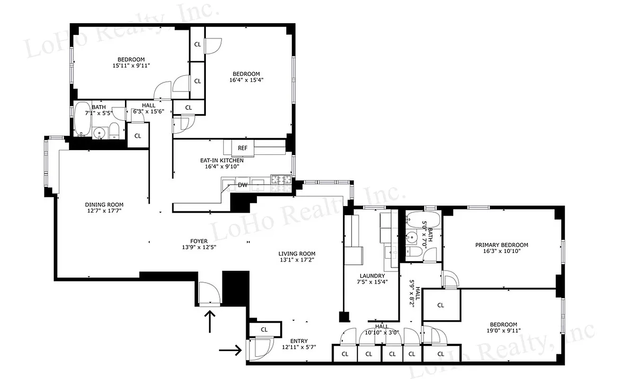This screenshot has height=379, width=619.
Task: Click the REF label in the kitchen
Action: (x=242, y=148)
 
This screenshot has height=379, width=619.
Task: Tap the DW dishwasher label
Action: (x=242, y=185)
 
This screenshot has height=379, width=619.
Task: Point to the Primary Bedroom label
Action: (x=502, y=245)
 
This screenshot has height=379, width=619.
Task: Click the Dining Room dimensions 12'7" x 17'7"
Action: (x=104, y=211)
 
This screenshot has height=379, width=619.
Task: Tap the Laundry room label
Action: (x=371, y=276)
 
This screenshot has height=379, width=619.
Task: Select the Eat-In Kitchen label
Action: (x=221, y=160)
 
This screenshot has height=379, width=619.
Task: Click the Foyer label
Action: (x=199, y=241)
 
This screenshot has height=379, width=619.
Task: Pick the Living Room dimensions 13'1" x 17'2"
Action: (x=297, y=260)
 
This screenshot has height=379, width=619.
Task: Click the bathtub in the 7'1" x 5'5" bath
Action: (x=82, y=118)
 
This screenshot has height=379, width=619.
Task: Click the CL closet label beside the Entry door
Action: (x=264, y=329)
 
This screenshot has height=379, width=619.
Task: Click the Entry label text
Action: (x=299, y=341)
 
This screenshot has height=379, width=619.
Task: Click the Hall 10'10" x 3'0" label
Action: (x=381, y=329)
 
